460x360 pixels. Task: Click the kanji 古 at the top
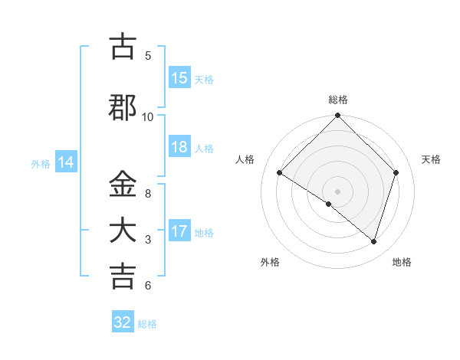pos(123,47)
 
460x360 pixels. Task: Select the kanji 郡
pos(123,107)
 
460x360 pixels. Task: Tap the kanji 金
pos(123,185)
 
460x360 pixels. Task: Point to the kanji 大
pos(123,231)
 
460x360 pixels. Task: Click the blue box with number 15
pos(179,78)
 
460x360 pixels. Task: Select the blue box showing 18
pos(179,147)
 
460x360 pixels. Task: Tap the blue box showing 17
pos(179,231)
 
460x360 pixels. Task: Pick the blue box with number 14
pos(66,162)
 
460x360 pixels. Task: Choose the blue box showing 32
pos(123,322)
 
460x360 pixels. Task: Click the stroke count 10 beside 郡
pos(148,116)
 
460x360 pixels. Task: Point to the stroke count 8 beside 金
pos(148,193)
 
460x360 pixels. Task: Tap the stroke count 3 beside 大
pos(148,239)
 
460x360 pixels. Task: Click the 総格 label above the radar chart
pos(338,100)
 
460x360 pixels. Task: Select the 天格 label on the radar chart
pos(432,159)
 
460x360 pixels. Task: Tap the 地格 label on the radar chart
pos(402,262)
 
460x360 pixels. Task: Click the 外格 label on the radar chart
pos(270,262)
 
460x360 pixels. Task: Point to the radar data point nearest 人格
pos(280,173)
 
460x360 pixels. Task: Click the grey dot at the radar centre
pos(337,191)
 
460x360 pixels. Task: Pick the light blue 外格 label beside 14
pos(40,163)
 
